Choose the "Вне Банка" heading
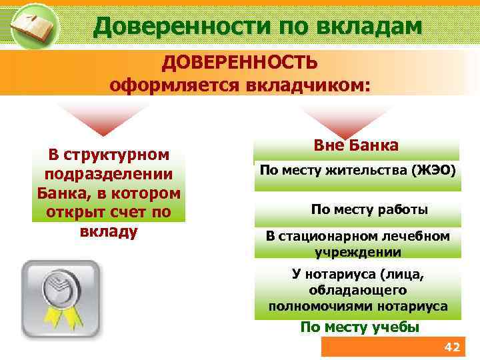point(356,145)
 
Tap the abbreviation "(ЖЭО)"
point(433,170)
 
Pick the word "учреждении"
point(357,252)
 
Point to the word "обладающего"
point(357,290)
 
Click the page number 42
point(451,347)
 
